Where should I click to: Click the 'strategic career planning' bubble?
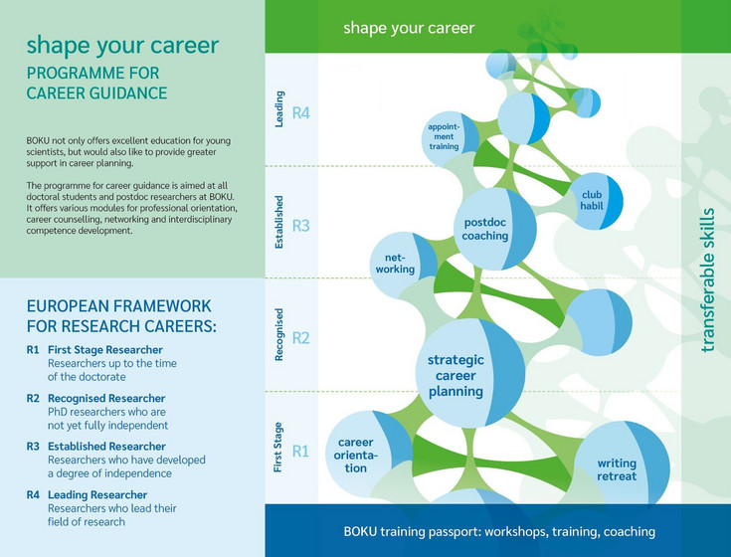coord(469,373)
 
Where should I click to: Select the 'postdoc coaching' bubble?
coord(495,229)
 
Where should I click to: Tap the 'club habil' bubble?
coord(596,201)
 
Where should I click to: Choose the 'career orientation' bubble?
coord(368,455)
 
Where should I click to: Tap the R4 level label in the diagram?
coord(300,113)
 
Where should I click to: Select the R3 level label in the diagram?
coord(300,226)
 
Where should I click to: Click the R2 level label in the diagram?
coord(300,338)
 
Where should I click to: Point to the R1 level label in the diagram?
coord(300,452)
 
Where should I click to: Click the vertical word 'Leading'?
coord(278,109)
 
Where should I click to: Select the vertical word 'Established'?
coord(278,223)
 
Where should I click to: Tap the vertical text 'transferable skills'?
coord(707,280)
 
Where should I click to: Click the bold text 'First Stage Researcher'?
coord(105,350)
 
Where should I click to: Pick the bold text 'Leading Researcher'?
coord(97,495)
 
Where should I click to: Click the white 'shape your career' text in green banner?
coord(409,28)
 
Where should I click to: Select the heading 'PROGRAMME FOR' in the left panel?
coord(92,74)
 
